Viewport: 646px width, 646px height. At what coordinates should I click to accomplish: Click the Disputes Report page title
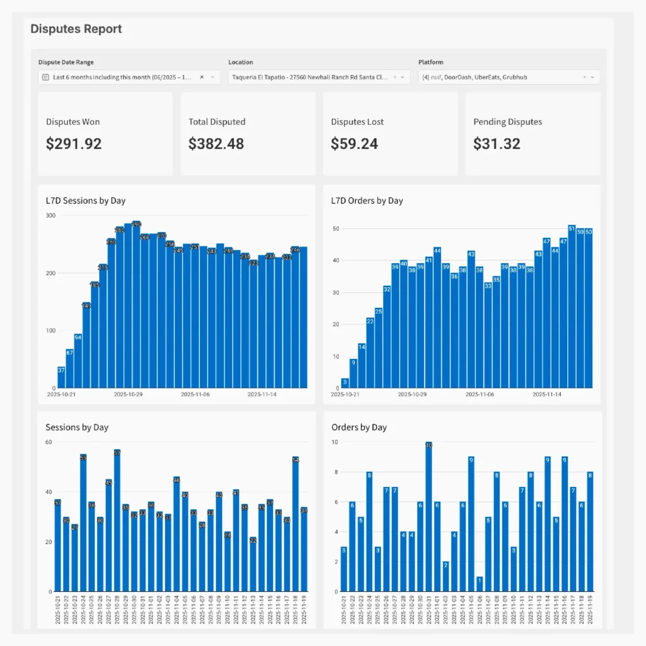tap(76, 29)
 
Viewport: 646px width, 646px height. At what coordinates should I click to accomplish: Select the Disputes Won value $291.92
tap(74, 144)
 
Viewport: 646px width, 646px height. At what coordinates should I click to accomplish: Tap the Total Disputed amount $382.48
tap(216, 144)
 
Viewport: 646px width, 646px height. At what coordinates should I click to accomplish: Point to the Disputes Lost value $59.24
tap(355, 144)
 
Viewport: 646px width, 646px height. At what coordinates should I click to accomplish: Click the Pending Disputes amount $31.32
tap(497, 144)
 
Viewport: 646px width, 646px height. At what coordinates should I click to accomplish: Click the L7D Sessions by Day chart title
tap(85, 201)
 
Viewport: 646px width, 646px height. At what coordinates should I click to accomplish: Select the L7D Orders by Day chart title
tap(367, 201)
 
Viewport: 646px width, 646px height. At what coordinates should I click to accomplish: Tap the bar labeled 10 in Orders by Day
tap(429, 517)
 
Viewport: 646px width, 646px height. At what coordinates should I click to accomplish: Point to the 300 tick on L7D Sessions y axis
tap(50, 216)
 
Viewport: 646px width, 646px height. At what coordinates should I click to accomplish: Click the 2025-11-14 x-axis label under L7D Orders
tap(546, 394)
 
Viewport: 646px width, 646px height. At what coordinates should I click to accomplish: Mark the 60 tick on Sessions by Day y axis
tap(48, 442)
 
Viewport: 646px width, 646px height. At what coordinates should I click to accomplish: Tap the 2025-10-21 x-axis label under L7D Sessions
tap(62, 394)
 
